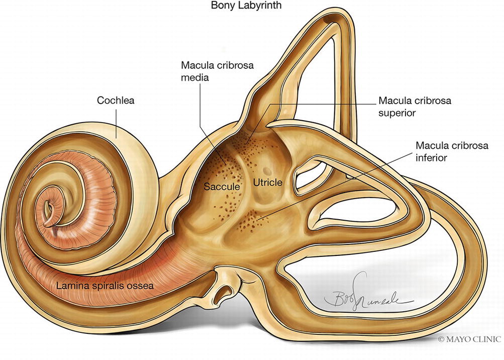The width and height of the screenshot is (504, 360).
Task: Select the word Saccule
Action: point(222,187)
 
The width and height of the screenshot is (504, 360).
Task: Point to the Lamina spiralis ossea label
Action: point(105,286)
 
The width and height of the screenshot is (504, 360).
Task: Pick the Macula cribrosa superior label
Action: point(415,107)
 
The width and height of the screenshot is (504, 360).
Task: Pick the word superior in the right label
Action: point(397,113)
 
